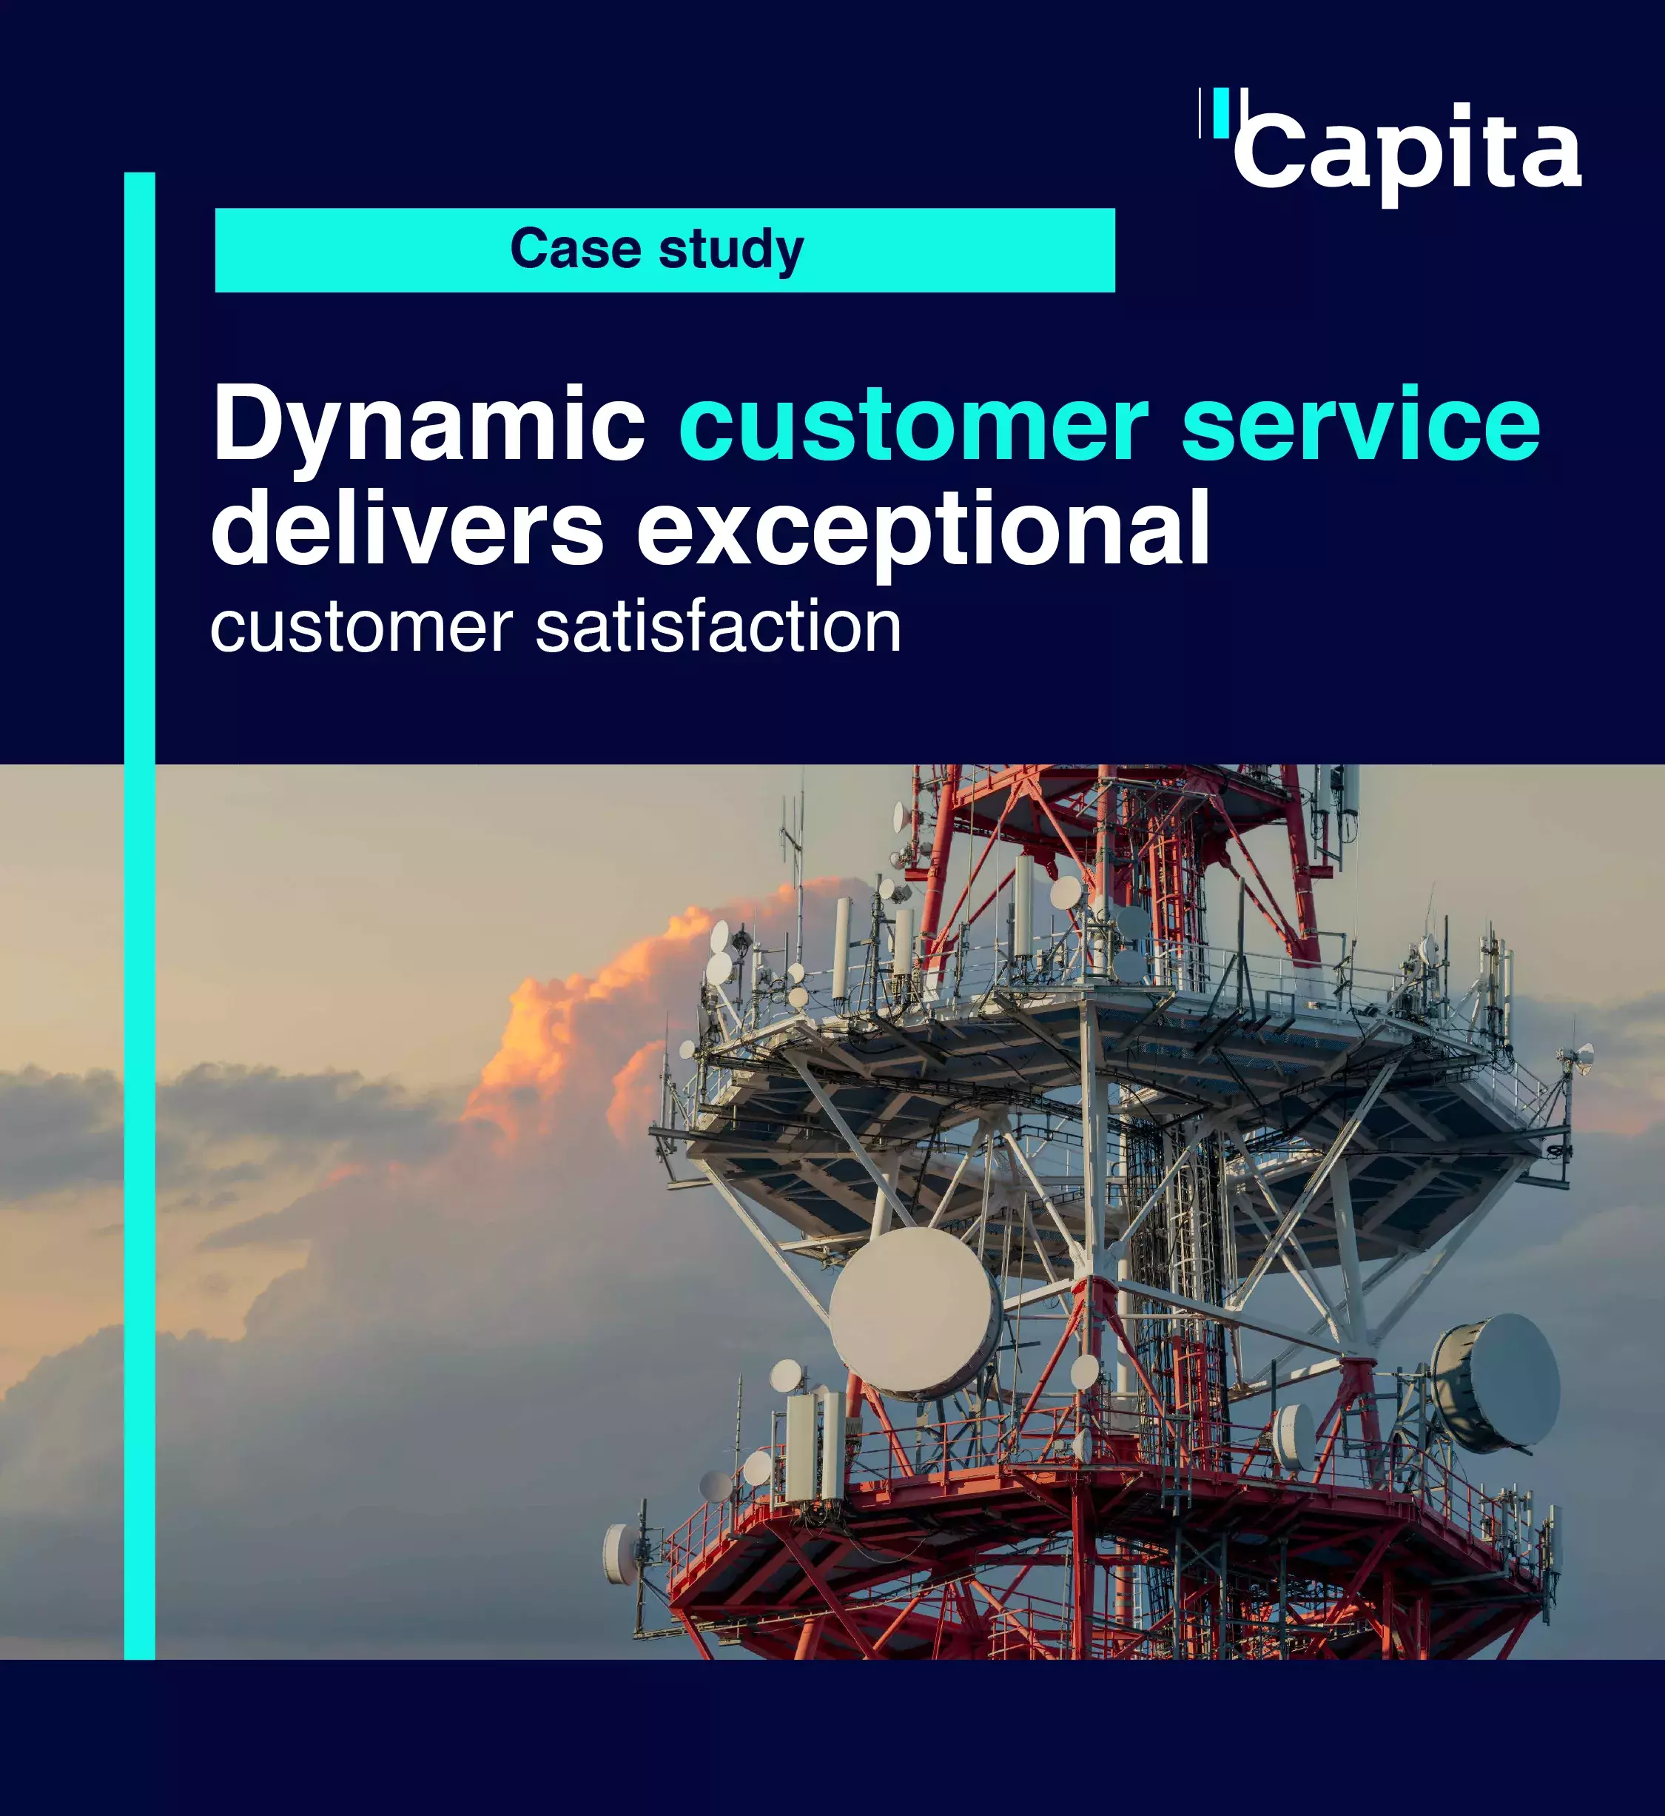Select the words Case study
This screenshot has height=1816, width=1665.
pyautogui.click(x=657, y=249)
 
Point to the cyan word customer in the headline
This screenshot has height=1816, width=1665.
pyautogui.click(x=914, y=423)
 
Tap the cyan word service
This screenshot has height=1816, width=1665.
pyautogui.click(x=1362, y=422)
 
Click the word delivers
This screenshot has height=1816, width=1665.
pyautogui.click(x=407, y=526)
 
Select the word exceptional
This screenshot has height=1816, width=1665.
pyautogui.click(x=924, y=532)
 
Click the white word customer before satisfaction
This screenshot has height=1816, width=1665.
pyautogui.click(x=361, y=629)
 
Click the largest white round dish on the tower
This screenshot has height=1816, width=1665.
pyautogui.click(x=914, y=1312)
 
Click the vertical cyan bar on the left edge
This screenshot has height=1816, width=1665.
pyautogui.click(x=140, y=916)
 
